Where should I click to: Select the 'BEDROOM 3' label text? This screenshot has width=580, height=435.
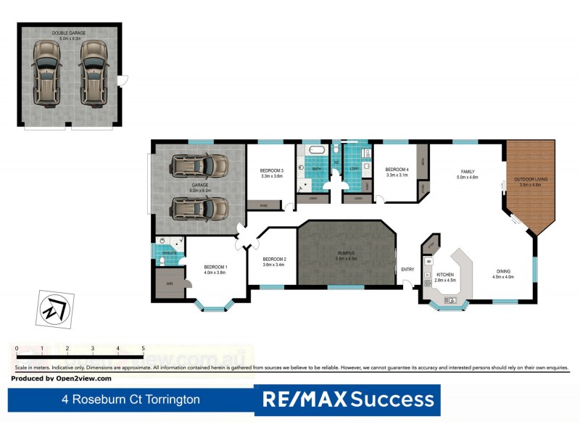[x=271, y=170]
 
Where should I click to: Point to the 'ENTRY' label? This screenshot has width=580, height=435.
[x=408, y=270]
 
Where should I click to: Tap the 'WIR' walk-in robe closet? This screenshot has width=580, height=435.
[x=169, y=283]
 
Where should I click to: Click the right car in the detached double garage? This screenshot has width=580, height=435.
[x=94, y=70]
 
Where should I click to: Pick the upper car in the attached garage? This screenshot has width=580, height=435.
[x=198, y=166]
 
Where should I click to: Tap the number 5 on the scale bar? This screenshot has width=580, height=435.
[x=143, y=349]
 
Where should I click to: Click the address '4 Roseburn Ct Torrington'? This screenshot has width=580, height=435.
[x=130, y=399]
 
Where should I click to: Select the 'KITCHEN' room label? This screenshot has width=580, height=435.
[x=445, y=274]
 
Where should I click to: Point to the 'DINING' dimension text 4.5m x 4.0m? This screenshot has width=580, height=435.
[x=502, y=277]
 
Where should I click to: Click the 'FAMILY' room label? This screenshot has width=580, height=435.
[x=467, y=172]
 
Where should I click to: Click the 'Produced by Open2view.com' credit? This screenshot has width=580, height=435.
[x=62, y=378]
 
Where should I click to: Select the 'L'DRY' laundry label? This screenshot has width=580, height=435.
[x=355, y=169]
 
